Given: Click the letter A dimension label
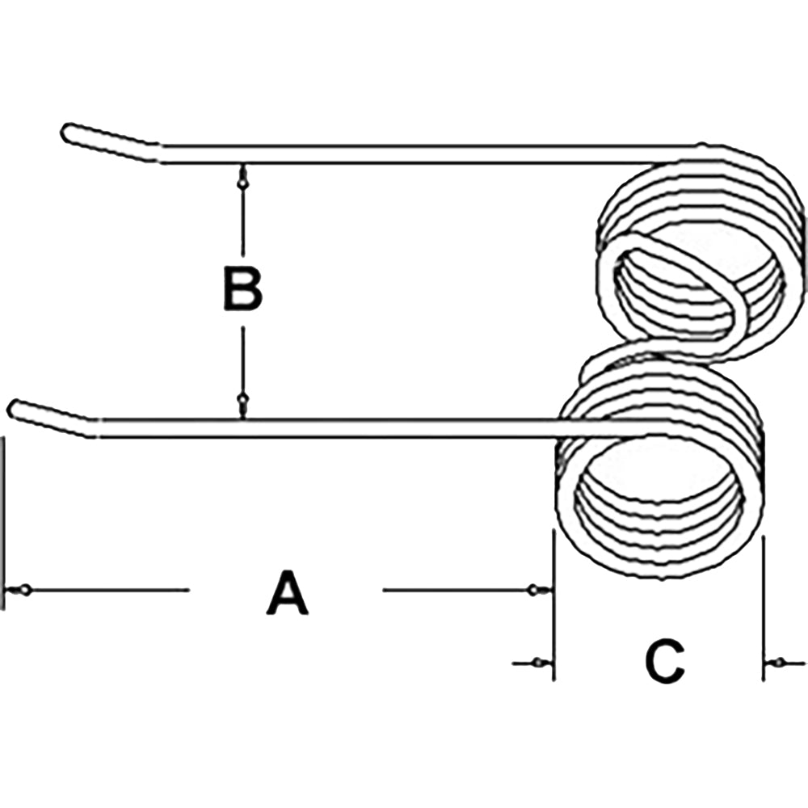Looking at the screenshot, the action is [288, 592].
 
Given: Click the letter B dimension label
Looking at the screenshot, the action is [242, 288].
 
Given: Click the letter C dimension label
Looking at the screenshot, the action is [665, 661].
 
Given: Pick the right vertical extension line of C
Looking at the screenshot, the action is [764, 608].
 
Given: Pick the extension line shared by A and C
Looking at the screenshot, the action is [553, 604].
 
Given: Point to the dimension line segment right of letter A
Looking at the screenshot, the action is [455, 590].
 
